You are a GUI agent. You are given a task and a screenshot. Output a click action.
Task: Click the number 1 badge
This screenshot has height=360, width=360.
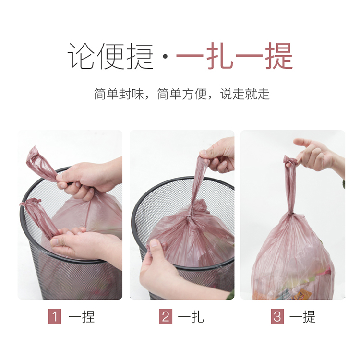click(x=55, y=317)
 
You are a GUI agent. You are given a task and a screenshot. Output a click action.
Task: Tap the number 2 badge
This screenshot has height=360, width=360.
click(x=166, y=317)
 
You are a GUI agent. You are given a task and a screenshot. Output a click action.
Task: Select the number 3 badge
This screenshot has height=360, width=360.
click(x=277, y=317)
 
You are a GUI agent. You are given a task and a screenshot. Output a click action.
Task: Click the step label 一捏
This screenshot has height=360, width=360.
click(x=82, y=317)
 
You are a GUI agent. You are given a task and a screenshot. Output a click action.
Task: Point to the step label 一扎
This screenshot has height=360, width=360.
click(x=191, y=317)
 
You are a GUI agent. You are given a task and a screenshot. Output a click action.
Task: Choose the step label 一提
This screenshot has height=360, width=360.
click(x=302, y=317)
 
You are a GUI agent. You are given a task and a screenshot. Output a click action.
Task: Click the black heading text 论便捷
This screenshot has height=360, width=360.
click(x=110, y=56)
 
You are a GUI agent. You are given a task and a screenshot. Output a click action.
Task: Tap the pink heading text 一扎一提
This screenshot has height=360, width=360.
click(x=234, y=56)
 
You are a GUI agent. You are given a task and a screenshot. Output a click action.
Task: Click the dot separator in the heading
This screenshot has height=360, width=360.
click(x=165, y=57)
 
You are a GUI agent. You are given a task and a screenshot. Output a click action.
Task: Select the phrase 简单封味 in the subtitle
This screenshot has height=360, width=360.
click(x=119, y=94)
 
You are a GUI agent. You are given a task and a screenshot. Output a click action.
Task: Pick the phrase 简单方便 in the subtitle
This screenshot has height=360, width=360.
click(x=182, y=94)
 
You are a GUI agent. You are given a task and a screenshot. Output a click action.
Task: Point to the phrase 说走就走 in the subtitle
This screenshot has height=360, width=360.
click(x=245, y=94)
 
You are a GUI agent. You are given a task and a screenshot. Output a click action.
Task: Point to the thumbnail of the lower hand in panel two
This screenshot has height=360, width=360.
click(x=154, y=243)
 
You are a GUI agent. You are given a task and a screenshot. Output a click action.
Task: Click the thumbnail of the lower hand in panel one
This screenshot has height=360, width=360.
click(x=55, y=242)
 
